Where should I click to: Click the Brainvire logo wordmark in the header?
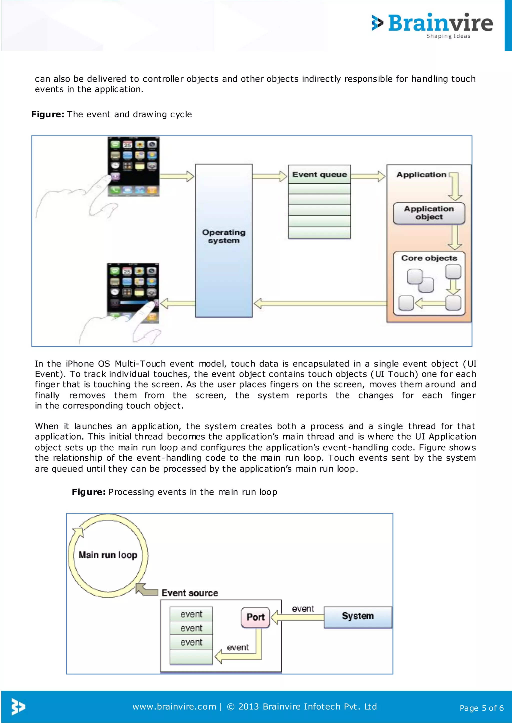(440, 23)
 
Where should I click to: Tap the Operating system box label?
(223, 236)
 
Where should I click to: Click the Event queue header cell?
(319, 175)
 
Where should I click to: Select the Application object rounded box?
(429, 213)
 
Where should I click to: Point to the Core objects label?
(429, 258)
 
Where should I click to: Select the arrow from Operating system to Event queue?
(269, 176)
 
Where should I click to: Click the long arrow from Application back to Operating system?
(320, 303)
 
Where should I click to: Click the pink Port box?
(255, 617)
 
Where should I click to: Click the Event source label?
(190, 593)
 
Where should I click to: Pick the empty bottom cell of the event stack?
(191, 657)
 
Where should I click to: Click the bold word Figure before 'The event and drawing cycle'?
(47, 114)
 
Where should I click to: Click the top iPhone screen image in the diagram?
(133, 166)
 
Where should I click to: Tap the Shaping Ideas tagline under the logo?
(448, 36)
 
